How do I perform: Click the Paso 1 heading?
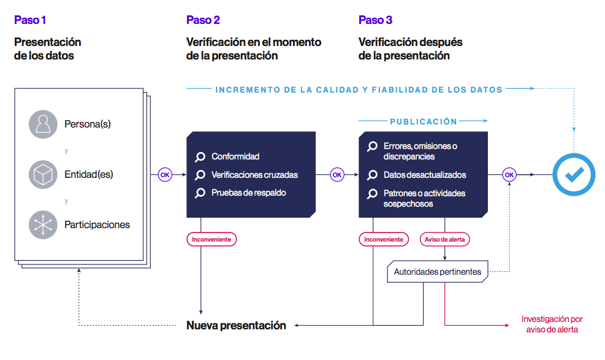[x=30, y=20]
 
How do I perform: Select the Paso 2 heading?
[x=203, y=20]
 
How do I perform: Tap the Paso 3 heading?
[x=375, y=20]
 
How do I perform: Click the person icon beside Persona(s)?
[x=43, y=124]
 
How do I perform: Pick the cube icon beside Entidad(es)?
[x=43, y=174]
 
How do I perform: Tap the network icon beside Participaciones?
[x=43, y=224]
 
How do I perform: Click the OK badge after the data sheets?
[x=165, y=175]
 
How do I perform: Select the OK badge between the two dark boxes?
[x=337, y=175]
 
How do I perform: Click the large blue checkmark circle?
[x=574, y=175]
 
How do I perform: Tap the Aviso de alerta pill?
[x=445, y=239]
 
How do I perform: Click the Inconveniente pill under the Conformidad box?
[x=211, y=239]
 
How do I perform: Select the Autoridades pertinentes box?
[x=438, y=272]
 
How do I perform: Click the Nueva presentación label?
[x=236, y=325]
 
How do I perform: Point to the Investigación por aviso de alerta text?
[x=552, y=324]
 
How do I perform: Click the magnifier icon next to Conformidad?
[x=200, y=156]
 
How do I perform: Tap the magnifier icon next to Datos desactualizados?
[x=372, y=175]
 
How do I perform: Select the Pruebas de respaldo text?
[x=248, y=193]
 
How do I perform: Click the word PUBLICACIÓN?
[x=424, y=121]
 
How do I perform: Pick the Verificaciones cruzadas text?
[x=254, y=175]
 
